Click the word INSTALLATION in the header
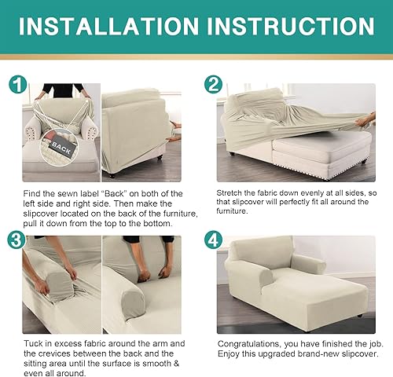108,26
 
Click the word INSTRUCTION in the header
291,26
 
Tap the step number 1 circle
18,85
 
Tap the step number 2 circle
213,85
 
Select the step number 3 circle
17,240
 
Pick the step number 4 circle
213,240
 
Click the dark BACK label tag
61,148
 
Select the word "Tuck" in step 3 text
33,343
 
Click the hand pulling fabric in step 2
365,121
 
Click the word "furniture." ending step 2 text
232,211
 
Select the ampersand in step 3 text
176,364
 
